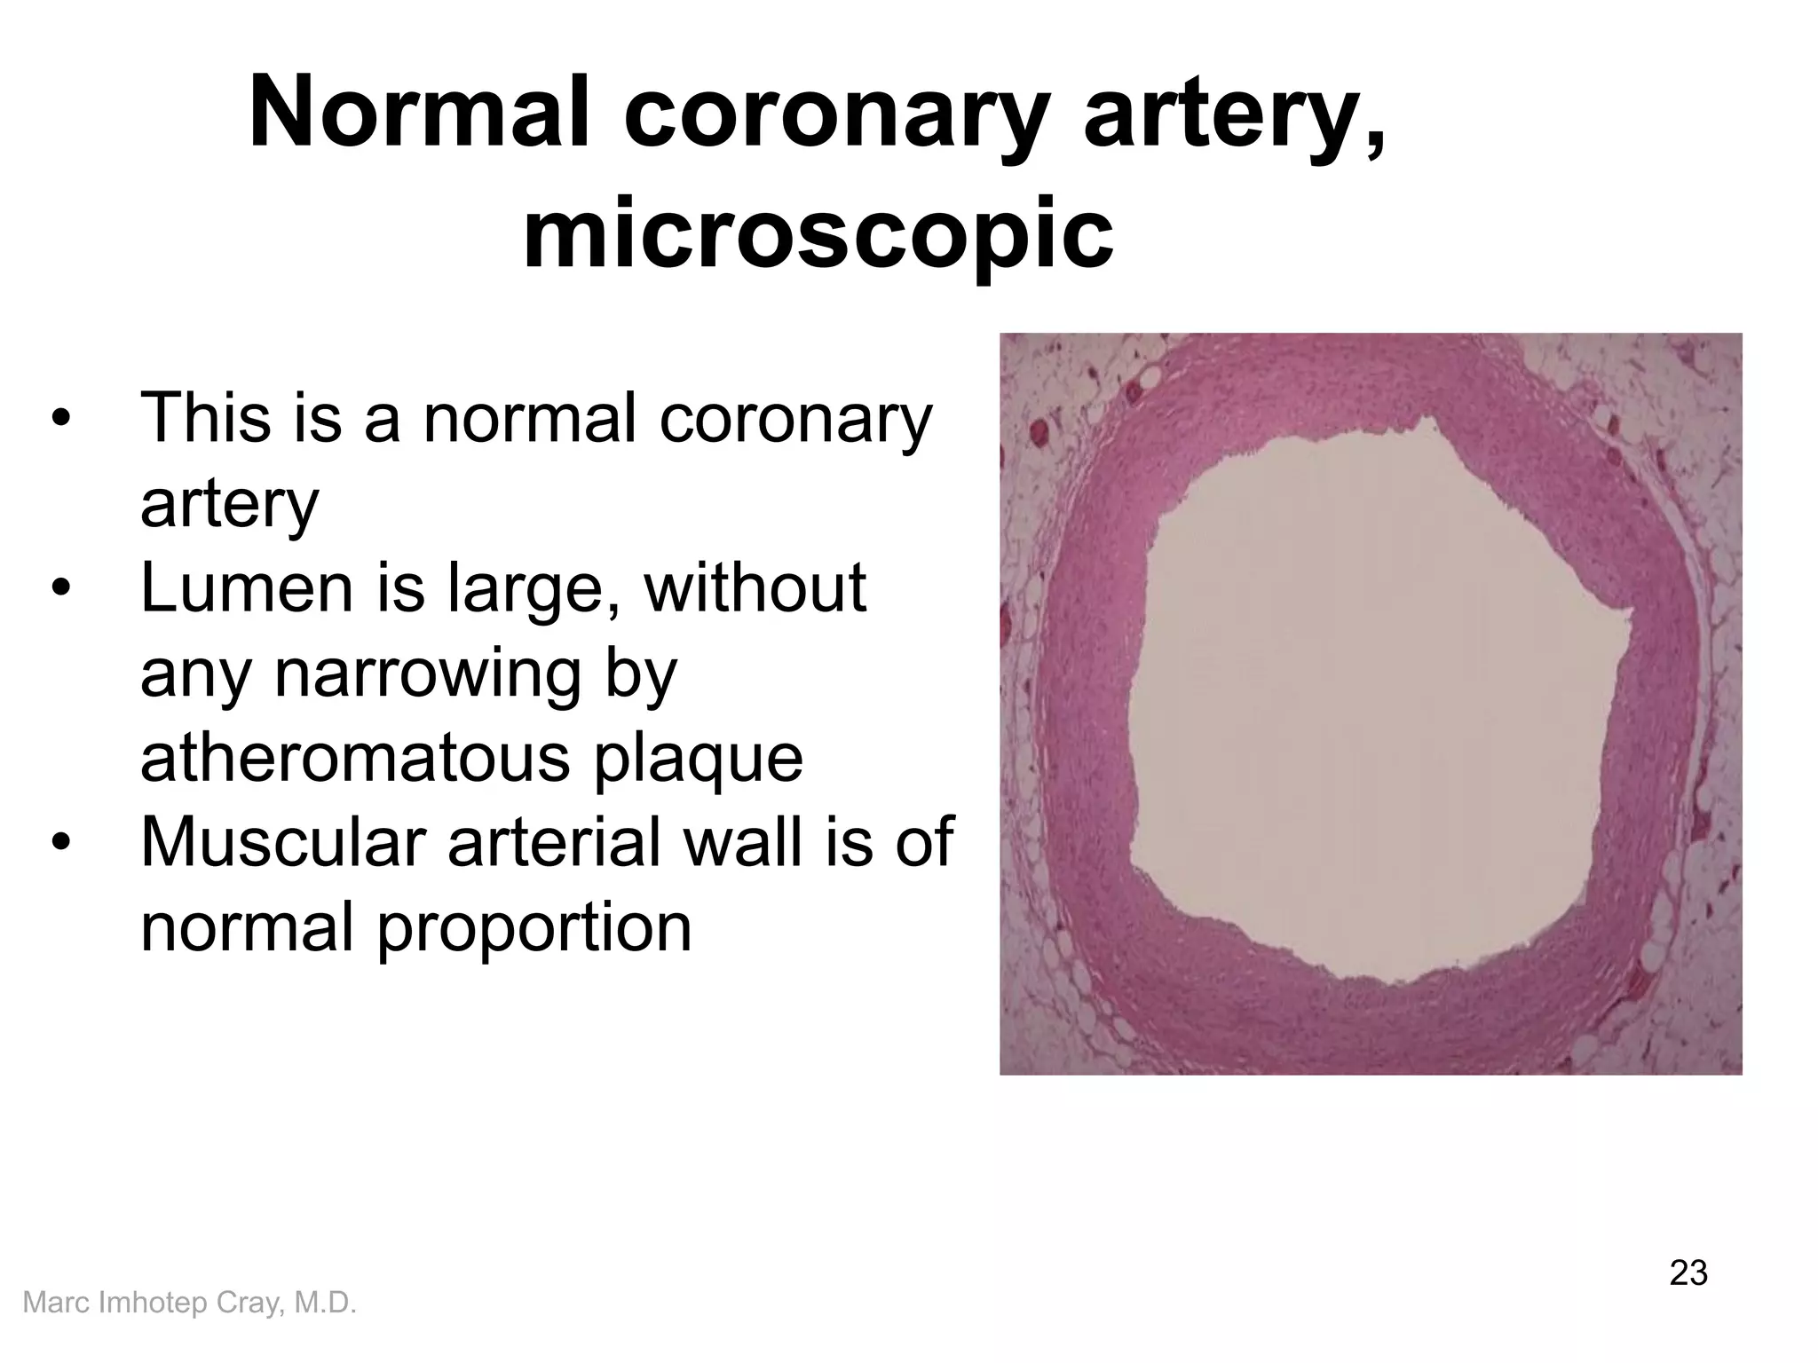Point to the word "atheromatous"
pos(354,759)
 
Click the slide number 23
pos(1688,1273)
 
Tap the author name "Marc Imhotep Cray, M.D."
pos(189,1303)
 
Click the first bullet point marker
pos(59,419)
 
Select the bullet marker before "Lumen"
pos(59,588)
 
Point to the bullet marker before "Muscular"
pos(59,842)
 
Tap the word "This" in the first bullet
pos(204,419)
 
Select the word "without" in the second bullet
pos(755,588)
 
